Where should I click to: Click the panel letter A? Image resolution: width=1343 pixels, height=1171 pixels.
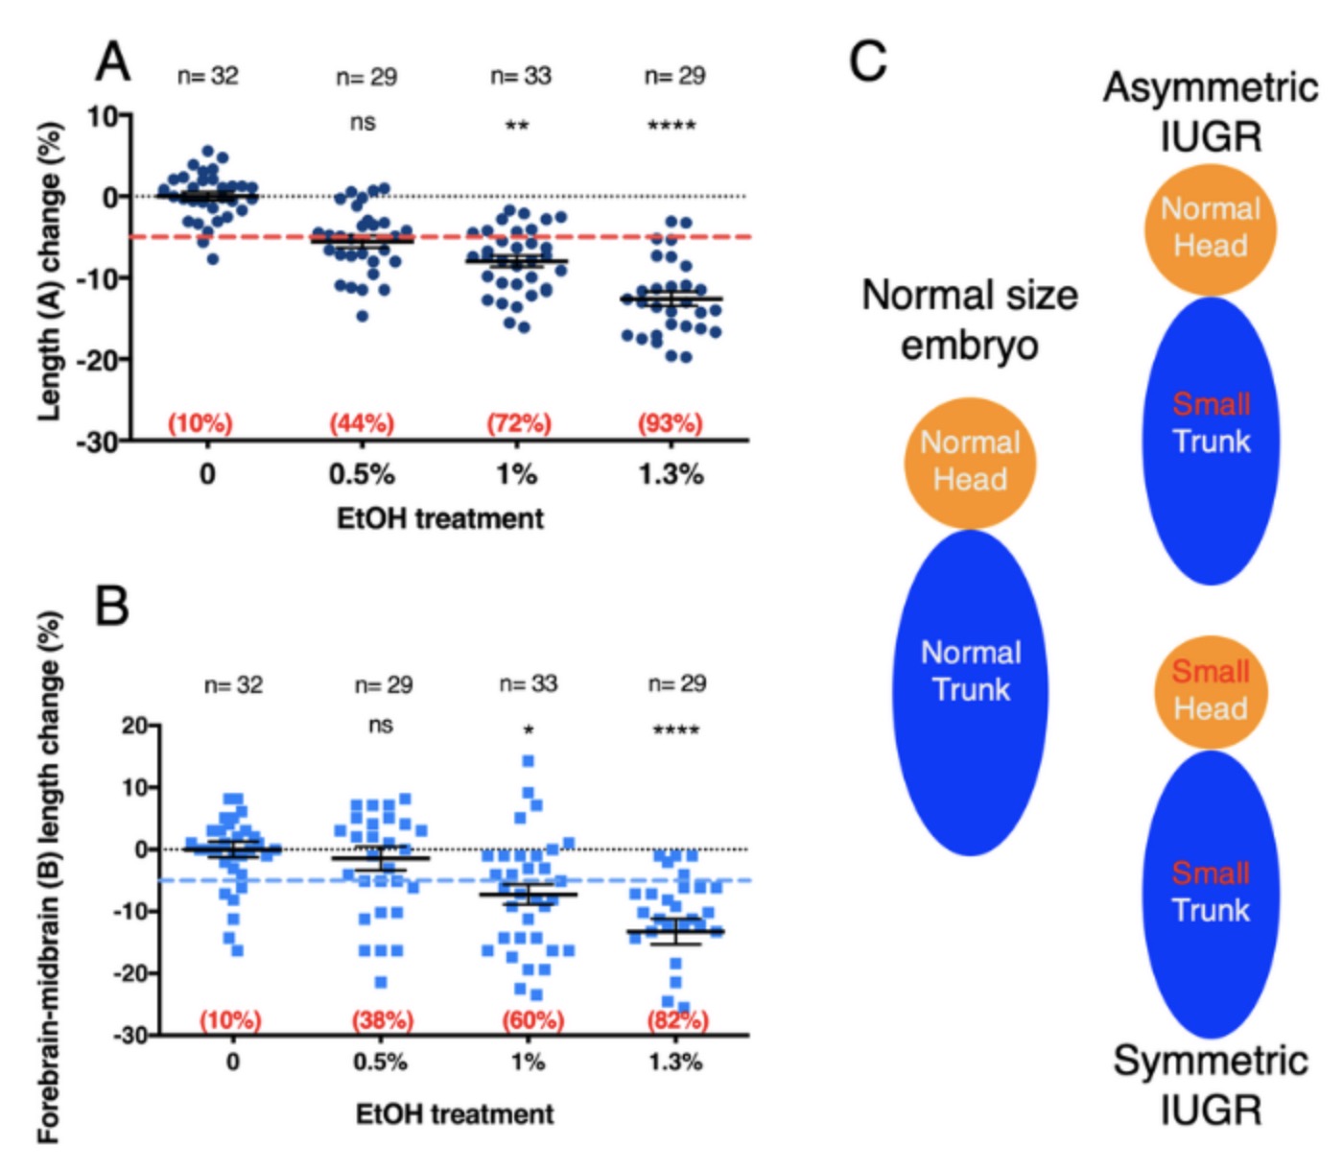113,62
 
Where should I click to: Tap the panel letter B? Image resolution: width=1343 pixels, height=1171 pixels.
112,606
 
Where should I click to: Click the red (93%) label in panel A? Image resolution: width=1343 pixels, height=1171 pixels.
671,423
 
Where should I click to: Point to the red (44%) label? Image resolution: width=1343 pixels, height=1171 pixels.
362,423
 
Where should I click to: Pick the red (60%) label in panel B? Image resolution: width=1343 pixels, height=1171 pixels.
532,1019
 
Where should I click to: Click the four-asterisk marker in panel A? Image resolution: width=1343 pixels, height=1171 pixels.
671,126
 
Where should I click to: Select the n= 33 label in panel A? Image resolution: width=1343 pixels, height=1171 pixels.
521,76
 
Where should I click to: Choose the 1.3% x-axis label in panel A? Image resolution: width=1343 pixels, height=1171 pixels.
671,474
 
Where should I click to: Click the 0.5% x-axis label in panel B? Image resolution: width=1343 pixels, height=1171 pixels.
381,1062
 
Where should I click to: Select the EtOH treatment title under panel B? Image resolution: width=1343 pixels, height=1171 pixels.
455,1114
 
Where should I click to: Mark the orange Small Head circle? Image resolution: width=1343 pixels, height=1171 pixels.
1211,691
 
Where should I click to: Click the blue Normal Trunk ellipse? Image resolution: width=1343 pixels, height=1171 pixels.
971,691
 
